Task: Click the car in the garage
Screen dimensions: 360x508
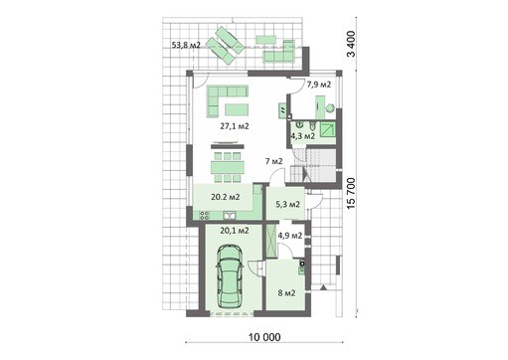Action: [229, 278]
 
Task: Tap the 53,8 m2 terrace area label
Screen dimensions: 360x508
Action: [187, 46]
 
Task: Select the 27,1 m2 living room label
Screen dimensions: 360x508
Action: [234, 127]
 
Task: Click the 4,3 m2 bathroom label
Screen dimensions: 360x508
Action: [302, 136]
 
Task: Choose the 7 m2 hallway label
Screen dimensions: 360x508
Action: [274, 161]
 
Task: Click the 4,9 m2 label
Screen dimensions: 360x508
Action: [290, 236]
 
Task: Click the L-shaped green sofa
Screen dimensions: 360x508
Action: [228, 99]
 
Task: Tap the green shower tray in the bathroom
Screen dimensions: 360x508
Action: [334, 125]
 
